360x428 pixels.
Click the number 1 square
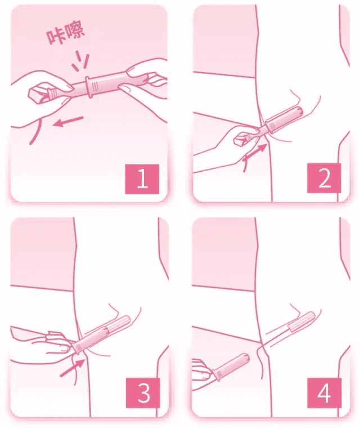coord(142,179)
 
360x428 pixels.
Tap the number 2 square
coord(324,179)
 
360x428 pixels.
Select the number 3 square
coord(143,393)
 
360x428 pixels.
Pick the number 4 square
coord(324,393)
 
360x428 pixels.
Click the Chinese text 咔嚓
coord(65,34)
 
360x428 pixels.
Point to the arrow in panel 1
coord(68,121)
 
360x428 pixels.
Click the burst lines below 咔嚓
coord(81,61)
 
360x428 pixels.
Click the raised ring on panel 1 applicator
coord(88,87)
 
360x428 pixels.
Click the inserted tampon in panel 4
coord(302,322)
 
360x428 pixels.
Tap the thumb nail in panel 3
coord(64,348)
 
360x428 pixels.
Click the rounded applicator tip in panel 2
coord(299,111)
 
